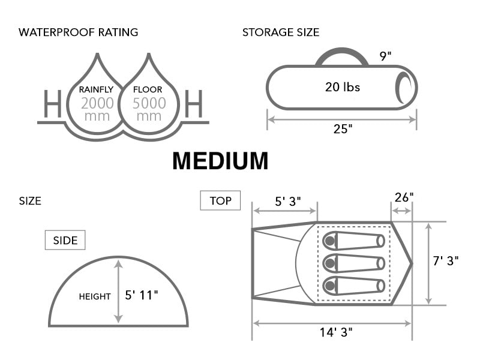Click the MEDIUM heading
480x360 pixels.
point(220,161)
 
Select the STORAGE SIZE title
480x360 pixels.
point(281,32)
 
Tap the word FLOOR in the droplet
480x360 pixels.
point(148,89)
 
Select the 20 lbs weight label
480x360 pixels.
point(343,87)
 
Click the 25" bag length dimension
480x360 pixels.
point(343,129)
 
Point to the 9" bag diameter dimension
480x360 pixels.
point(386,56)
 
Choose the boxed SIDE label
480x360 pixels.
point(65,241)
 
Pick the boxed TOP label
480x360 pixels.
point(220,200)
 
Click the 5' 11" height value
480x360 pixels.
point(142,295)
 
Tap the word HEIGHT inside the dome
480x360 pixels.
point(95,296)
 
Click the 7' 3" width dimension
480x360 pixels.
point(446,261)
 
